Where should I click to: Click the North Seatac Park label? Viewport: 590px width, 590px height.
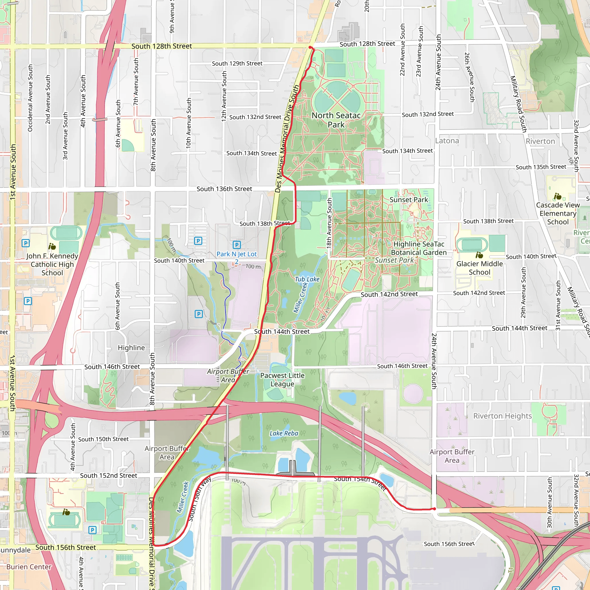click(x=336, y=120)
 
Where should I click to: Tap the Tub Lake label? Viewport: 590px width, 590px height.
click(x=307, y=279)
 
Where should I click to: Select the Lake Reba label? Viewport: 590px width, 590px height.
click(x=284, y=433)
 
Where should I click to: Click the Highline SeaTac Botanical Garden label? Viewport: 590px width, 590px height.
click(x=419, y=248)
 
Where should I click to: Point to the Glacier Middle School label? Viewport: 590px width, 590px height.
click(x=479, y=268)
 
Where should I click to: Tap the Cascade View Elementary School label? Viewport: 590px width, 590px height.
click(x=558, y=213)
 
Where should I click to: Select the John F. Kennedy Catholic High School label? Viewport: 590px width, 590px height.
click(x=52, y=264)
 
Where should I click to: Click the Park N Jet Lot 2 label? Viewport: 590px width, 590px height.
click(x=237, y=258)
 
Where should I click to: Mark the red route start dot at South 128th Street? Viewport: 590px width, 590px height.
click(x=310, y=47)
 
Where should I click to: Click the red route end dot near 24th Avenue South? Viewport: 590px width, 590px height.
click(x=434, y=509)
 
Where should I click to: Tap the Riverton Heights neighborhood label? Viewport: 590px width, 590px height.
click(x=502, y=416)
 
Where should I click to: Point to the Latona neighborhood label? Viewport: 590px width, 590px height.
click(x=447, y=141)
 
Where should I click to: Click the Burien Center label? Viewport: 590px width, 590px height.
click(x=29, y=567)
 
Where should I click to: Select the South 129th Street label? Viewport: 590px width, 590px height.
click(x=237, y=63)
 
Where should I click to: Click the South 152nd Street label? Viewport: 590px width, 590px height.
click(x=108, y=475)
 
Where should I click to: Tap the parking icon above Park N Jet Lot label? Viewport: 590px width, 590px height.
click(x=237, y=245)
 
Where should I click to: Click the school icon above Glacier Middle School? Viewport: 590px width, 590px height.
click(x=479, y=255)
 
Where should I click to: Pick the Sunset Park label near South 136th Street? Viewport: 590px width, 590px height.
click(x=409, y=200)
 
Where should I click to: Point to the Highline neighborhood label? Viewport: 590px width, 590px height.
click(x=131, y=347)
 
